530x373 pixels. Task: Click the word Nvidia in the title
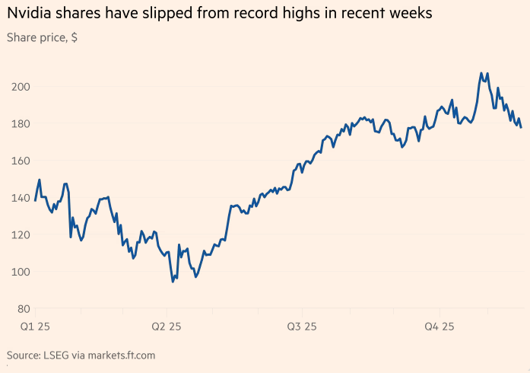(x=29, y=14)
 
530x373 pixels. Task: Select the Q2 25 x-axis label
(x=167, y=327)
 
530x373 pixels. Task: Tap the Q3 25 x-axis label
(x=302, y=327)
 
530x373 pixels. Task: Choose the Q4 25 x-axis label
(x=439, y=327)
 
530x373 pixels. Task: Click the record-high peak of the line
(x=481, y=73)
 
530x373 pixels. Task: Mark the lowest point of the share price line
(x=173, y=282)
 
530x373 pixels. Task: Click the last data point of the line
(x=521, y=127)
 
